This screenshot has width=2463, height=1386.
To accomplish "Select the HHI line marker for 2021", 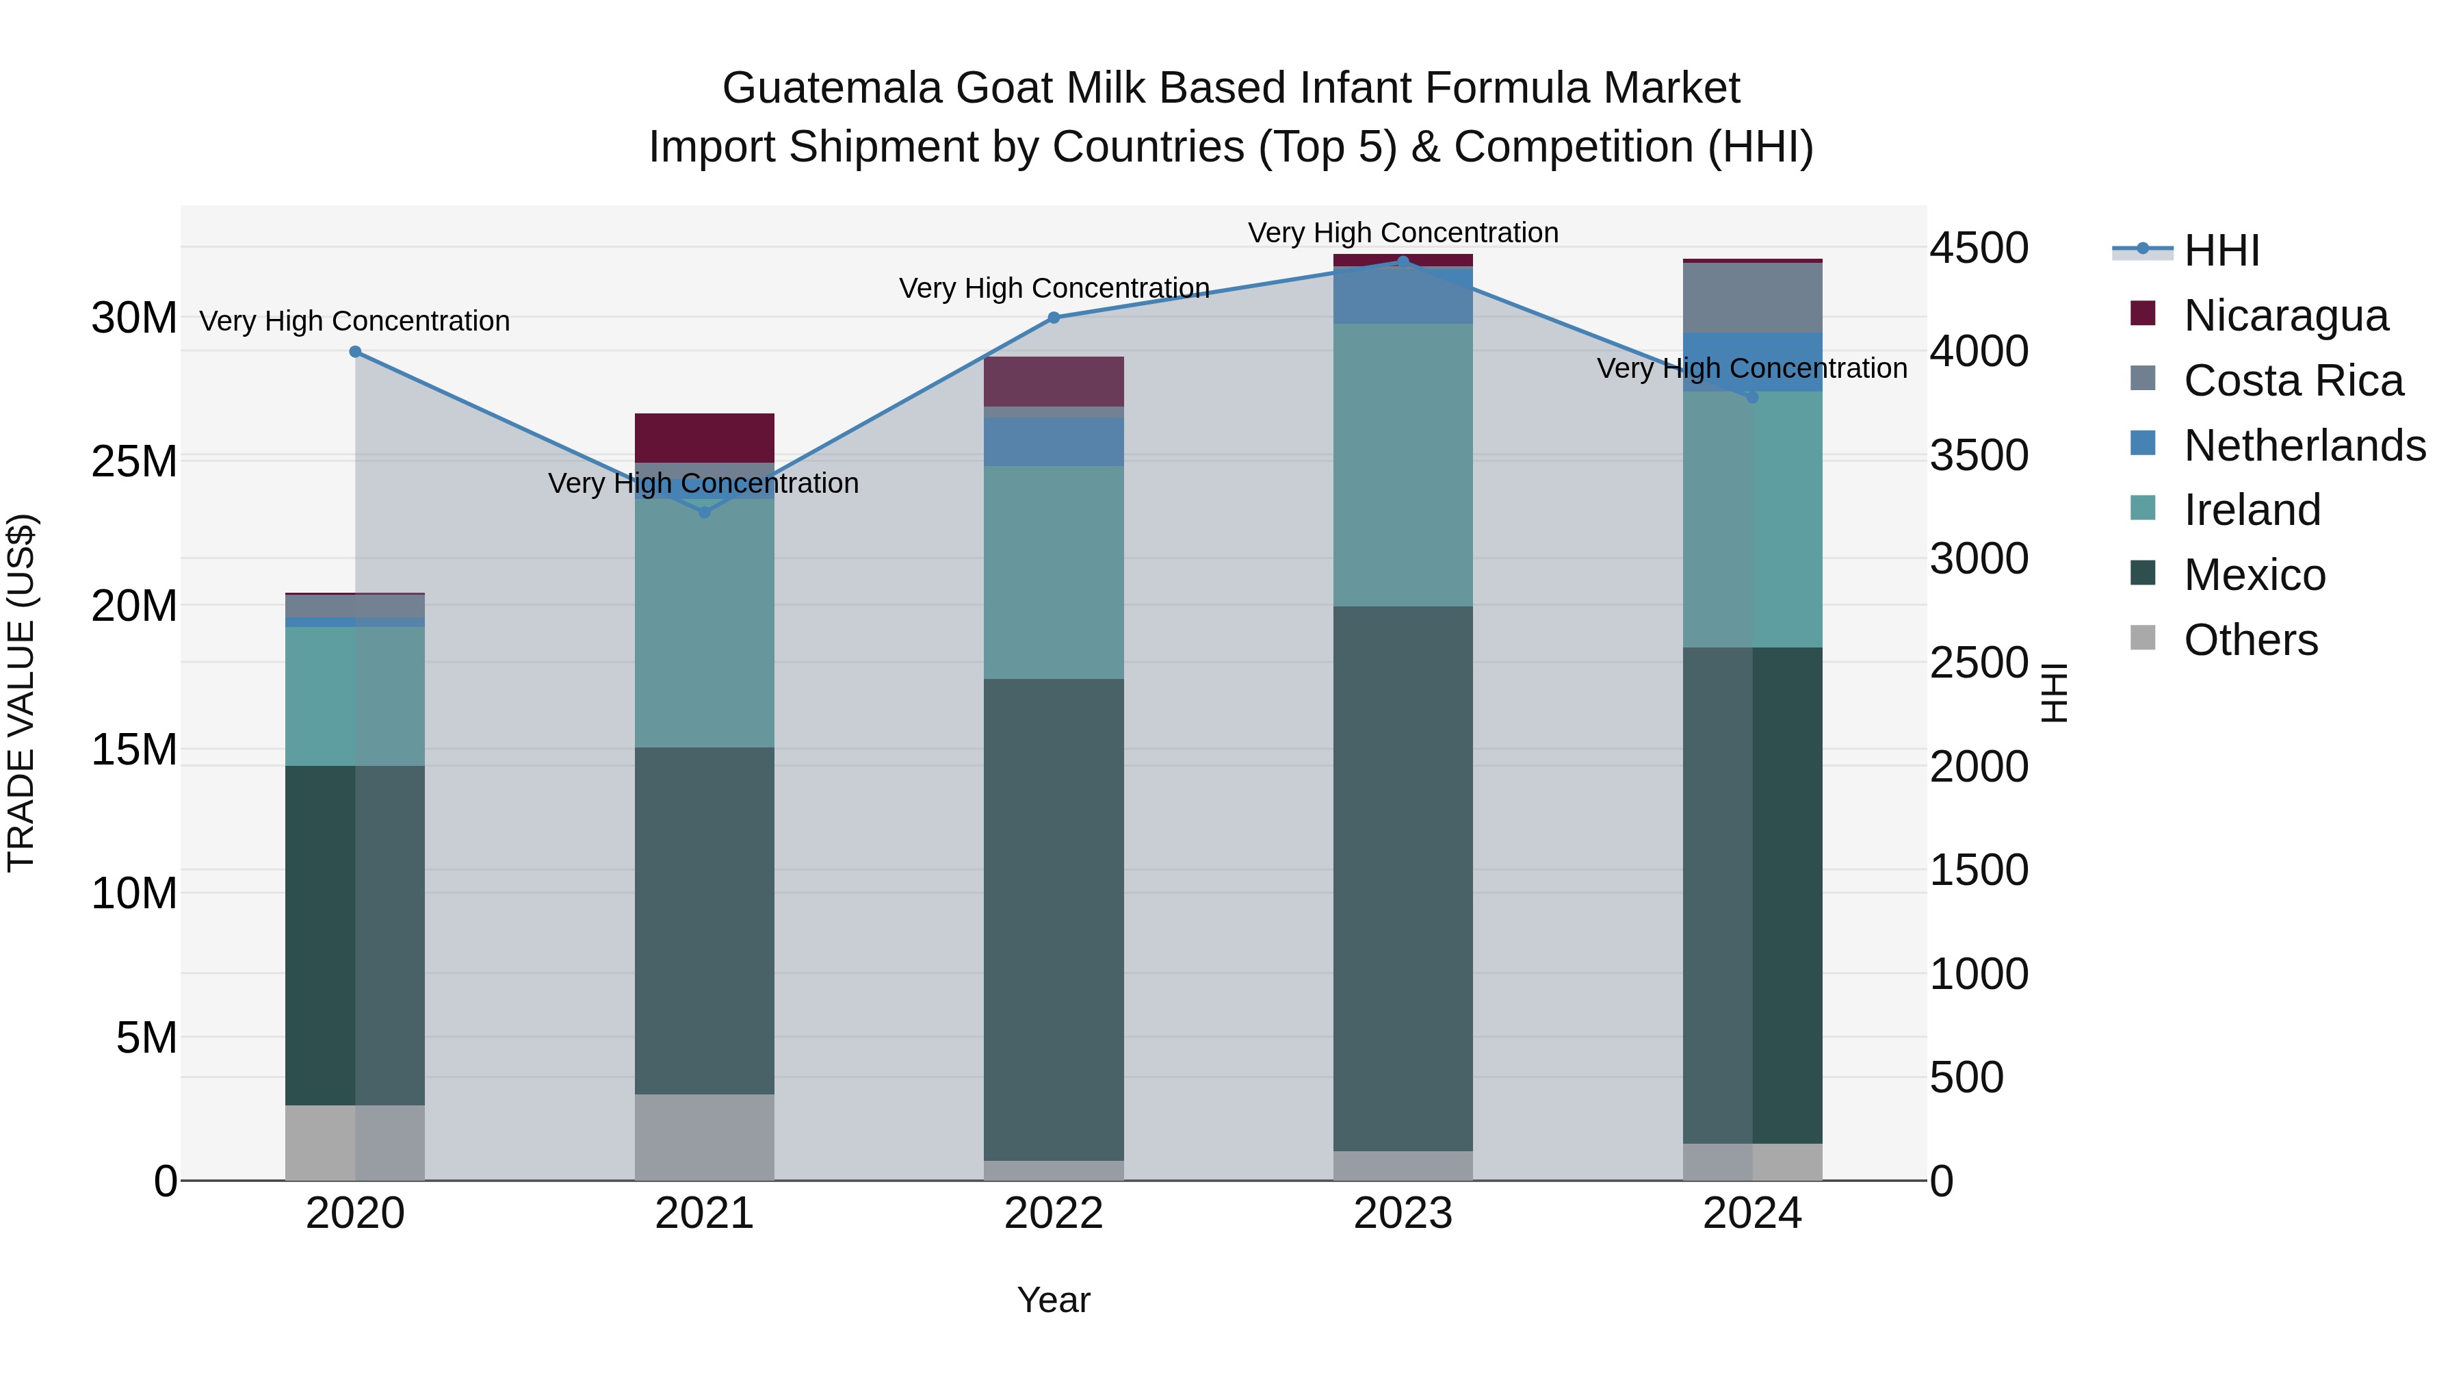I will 705,513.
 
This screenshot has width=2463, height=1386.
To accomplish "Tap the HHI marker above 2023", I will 1403,261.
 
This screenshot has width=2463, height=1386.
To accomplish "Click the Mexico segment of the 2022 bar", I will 1054,919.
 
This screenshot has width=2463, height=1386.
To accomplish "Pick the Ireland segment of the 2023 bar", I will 1403,465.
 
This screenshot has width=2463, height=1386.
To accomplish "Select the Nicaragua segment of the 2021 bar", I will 705,438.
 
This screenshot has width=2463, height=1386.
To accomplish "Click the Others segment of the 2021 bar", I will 705,1136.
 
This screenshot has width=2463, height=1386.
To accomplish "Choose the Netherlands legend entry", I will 2304,446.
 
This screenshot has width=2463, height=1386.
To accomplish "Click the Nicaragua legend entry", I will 2285,316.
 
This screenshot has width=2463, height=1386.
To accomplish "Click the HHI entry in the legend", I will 2220,251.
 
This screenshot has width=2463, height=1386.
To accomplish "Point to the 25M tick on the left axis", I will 134,462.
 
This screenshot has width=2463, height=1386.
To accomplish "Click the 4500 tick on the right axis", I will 1978,248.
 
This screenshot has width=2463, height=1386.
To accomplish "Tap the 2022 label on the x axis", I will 1054,1214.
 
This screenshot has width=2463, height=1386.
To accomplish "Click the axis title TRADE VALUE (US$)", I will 21,693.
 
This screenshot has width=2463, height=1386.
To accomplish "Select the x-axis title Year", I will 1053,1300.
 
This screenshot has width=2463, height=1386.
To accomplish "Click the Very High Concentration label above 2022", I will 1054,288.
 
